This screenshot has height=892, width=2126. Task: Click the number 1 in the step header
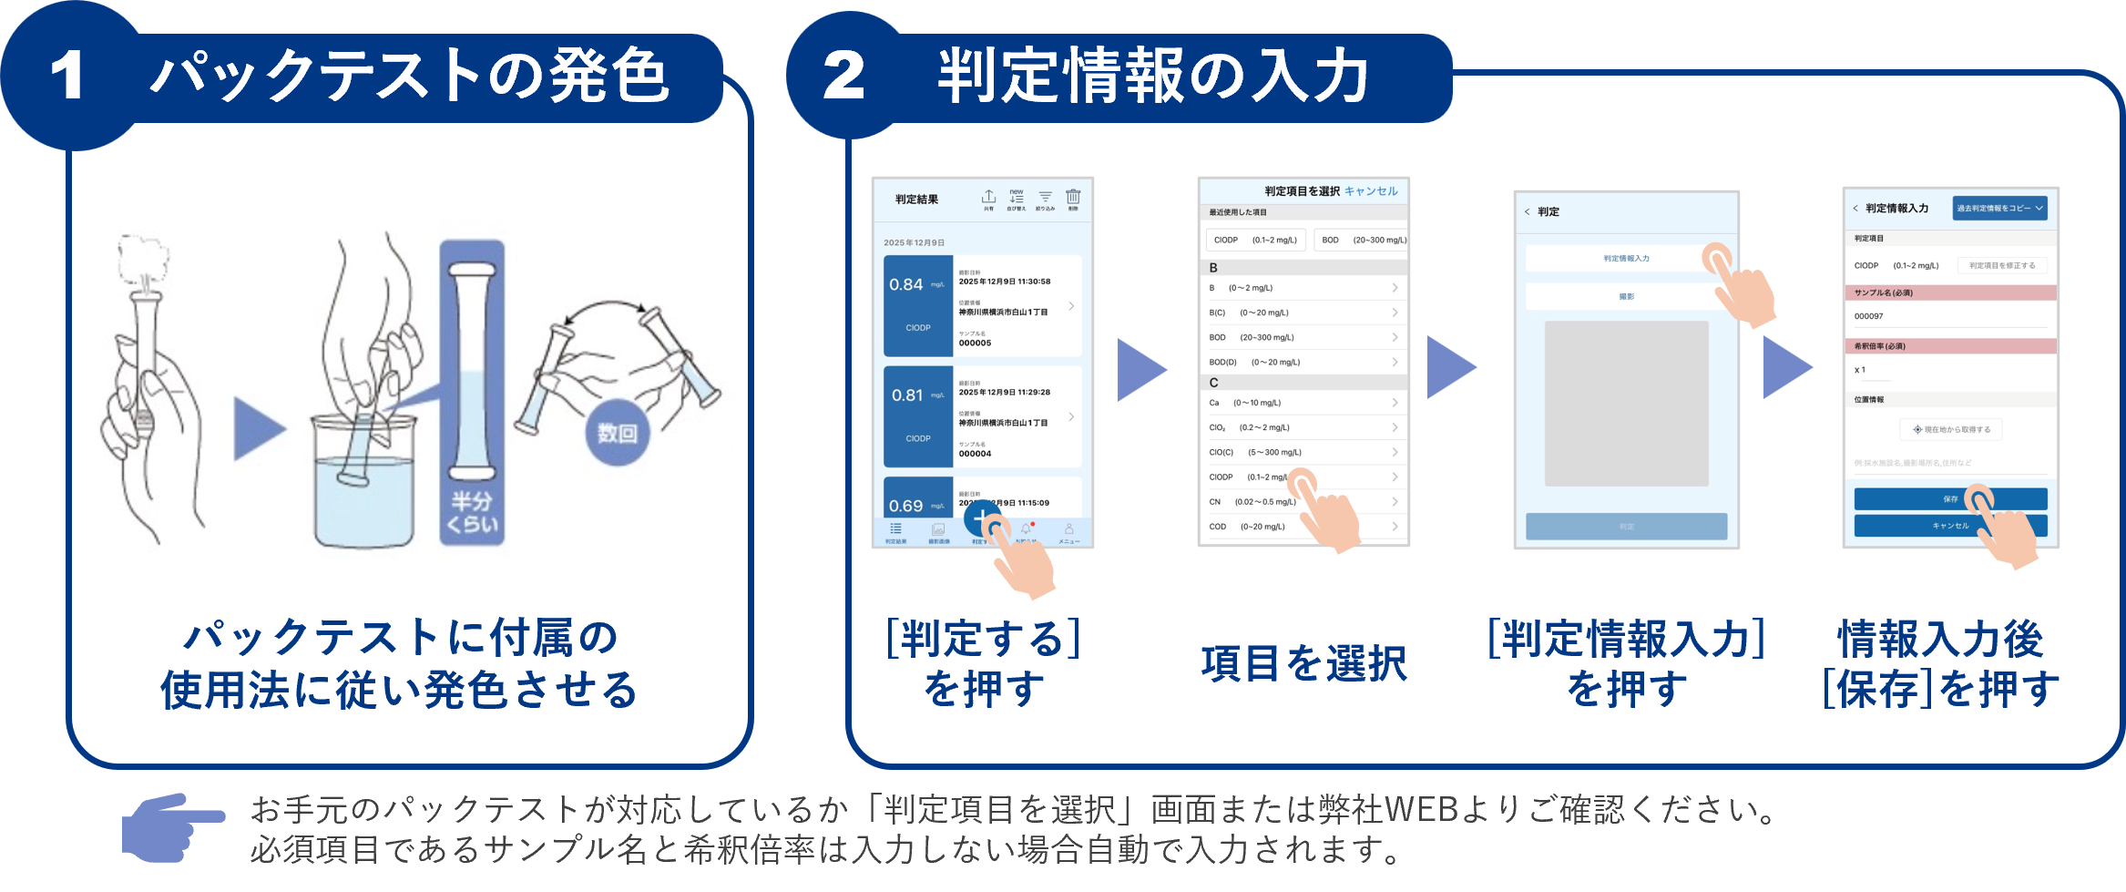click(x=67, y=76)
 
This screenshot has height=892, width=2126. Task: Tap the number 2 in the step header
click(x=843, y=76)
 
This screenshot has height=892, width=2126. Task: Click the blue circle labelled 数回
click(x=617, y=432)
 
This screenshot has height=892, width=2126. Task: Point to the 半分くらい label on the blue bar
click(x=472, y=512)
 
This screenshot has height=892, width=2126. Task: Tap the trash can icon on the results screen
click(x=1073, y=198)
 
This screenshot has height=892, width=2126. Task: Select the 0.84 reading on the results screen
click(x=906, y=284)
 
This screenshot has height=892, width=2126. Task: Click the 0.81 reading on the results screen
click(x=907, y=395)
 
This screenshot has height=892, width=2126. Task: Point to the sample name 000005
click(x=975, y=343)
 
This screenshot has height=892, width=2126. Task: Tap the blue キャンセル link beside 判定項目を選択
click(x=1371, y=191)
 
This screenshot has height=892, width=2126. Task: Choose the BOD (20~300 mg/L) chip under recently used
click(x=1364, y=241)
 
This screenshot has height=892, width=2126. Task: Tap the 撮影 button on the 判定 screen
click(x=1626, y=297)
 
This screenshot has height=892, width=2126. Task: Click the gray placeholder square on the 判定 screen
click(x=1626, y=403)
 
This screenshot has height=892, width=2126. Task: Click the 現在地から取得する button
click(x=1950, y=429)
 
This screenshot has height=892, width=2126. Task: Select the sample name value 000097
click(x=1869, y=316)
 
